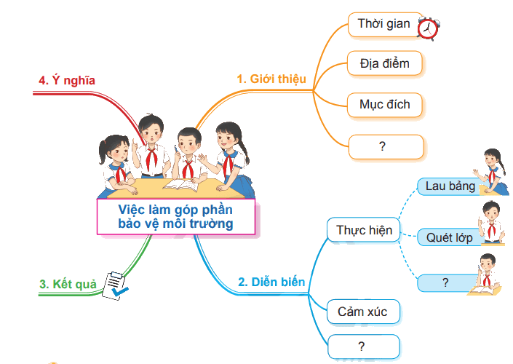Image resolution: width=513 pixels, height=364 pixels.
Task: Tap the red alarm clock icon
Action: [429, 29]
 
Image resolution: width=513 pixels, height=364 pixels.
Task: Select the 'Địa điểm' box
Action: [385, 63]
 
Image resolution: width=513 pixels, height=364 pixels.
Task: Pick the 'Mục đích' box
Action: [385, 105]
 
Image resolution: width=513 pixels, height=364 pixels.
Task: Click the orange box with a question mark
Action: [386, 146]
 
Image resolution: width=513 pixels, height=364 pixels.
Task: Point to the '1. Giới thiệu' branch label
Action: [271, 79]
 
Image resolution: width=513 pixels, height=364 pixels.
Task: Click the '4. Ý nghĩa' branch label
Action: [67, 80]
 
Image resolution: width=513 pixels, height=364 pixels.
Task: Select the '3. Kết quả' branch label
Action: [68, 284]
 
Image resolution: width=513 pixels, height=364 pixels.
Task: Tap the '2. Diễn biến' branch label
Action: [271, 282]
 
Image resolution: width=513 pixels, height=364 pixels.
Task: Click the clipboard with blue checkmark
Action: [114, 285]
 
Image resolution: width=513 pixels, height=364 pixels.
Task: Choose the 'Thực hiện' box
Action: [364, 230]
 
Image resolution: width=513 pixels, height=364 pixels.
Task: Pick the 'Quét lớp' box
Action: [450, 237]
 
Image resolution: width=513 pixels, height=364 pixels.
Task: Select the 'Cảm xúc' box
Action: [363, 312]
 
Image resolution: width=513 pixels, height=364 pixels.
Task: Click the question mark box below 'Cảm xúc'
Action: [363, 347]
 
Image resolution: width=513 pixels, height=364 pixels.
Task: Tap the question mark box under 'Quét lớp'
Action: [445, 282]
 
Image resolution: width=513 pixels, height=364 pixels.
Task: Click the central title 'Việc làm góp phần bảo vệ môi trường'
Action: [175, 216]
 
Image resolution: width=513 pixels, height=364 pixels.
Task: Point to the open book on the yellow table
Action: [180, 185]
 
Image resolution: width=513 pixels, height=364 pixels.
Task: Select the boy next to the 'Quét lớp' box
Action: [490, 223]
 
